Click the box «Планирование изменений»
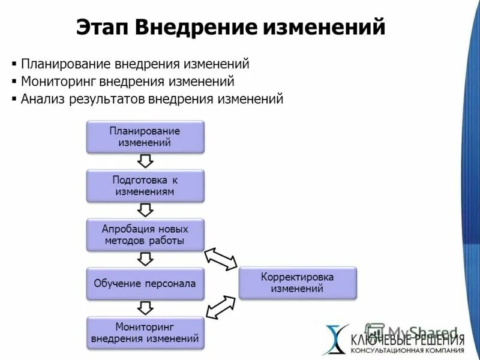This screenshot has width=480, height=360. coord(145,136)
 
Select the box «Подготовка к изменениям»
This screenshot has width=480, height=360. coord(145,185)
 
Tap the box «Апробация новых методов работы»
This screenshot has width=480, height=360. coord(145,235)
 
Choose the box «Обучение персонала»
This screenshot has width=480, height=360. coord(145,283)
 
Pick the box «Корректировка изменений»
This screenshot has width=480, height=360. coord(298,283)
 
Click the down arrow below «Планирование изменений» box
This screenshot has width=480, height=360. coord(145,160)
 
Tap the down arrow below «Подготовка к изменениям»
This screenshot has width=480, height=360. coord(145,209)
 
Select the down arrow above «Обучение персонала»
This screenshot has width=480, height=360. coord(145,259)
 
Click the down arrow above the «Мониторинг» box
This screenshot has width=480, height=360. coord(145,308)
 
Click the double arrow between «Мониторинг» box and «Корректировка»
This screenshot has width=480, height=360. coord(221,307)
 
